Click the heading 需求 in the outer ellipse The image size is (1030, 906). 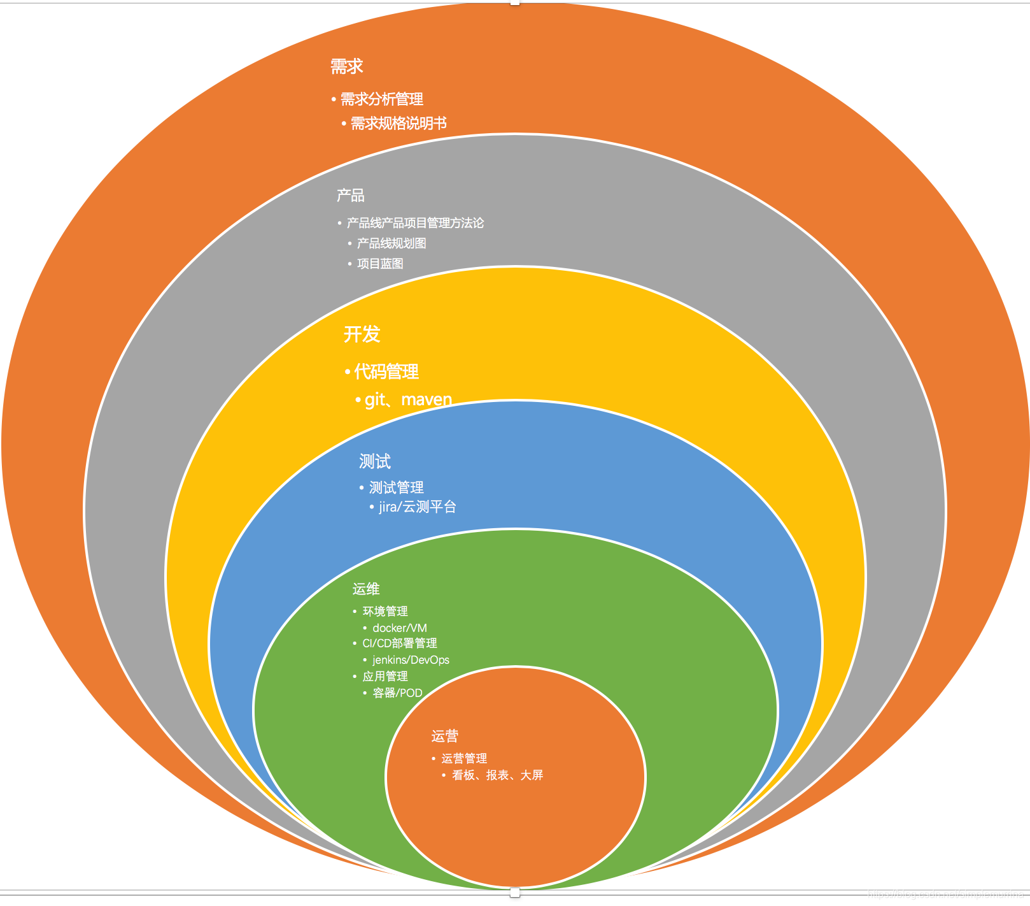[x=346, y=66]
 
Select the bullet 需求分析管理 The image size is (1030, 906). [x=381, y=99]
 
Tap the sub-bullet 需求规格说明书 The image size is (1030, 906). [x=399, y=124]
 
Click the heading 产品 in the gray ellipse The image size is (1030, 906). [x=350, y=196]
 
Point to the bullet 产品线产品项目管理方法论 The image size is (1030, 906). [x=415, y=223]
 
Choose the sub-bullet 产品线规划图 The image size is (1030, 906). [x=391, y=243]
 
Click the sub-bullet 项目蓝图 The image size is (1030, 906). [x=380, y=264]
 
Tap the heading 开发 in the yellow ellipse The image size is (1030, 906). [x=362, y=334]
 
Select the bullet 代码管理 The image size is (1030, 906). [x=386, y=371]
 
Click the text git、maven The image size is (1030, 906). [x=408, y=399]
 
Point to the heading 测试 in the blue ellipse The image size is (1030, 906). [x=374, y=461]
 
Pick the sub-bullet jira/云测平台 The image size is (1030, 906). [x=418, y=507]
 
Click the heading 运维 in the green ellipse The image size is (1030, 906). [x=366, y=589]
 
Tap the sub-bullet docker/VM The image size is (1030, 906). [x=400, y=628]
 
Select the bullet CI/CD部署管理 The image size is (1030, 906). [x=400, y=644]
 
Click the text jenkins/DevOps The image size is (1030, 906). [x=411, y=660]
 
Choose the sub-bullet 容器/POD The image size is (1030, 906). [x=397, y=693]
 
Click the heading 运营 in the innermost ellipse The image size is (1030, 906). [x=444, y=737]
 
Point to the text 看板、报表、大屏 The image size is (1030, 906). [x=497, y=775]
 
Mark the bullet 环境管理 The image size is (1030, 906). [x=385, y=612]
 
